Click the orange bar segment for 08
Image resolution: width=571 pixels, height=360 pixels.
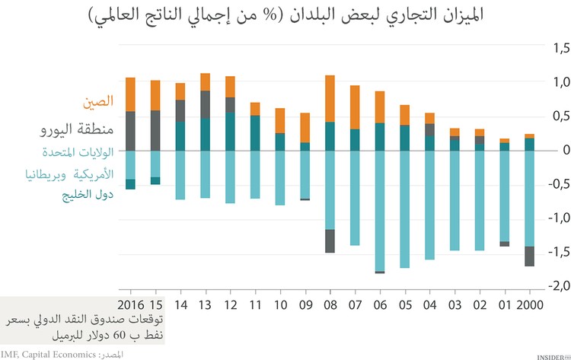click(330, 98)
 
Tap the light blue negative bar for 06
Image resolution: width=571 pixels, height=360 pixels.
click(379, 210)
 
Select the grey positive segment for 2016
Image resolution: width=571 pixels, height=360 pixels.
click(130, 131)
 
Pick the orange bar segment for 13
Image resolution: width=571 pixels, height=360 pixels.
click(206, 81)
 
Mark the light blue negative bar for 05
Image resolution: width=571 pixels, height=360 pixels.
click(404, 209)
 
